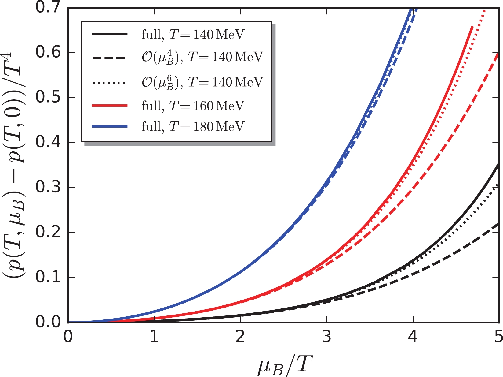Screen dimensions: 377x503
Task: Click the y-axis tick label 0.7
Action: pos(49,7)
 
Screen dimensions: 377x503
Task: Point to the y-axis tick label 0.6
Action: pos(49,53)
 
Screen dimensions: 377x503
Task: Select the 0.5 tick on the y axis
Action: pos(49,98)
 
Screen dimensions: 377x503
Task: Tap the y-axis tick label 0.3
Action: pos(49,188)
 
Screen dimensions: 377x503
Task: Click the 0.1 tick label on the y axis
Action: pos(49,278)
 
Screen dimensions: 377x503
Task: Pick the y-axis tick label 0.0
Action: pos(49,323)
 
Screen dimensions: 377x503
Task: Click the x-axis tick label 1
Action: pos(154,337)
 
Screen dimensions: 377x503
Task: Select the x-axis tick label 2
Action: pos(241,337)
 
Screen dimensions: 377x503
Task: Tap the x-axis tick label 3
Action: pos(327,337)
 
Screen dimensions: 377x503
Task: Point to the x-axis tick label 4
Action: pos(413,337)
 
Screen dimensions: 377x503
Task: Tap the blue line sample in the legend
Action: pos(109,126)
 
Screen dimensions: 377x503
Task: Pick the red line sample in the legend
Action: pos(109,106)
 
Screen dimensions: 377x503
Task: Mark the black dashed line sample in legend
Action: pos(109,58)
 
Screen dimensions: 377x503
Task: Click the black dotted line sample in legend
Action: pos(109,83)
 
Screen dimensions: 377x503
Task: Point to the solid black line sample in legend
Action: pos(109,35)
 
